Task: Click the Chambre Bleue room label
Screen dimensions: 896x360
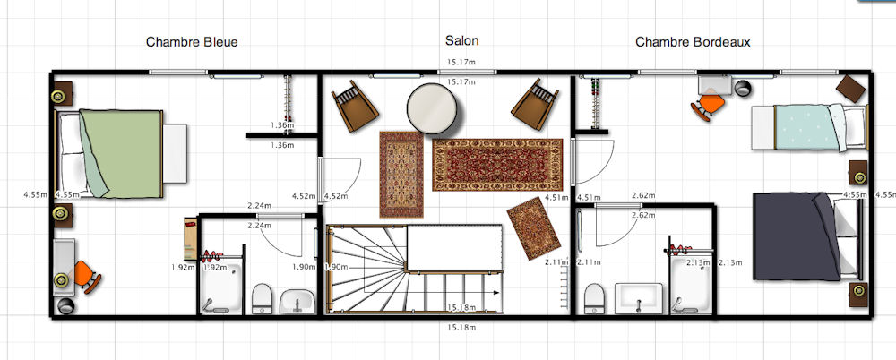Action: (x=192, y=42)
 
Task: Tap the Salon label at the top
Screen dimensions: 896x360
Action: (x=461, y=40)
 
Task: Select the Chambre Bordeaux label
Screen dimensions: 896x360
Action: (x=693, y=42)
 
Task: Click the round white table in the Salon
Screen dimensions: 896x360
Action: (x=432, y=108)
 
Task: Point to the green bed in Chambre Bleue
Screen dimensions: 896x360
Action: (x=120, y=153)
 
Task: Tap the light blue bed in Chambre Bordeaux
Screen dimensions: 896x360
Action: (x=808, y=127)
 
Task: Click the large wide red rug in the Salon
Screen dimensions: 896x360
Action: (x=497, y=165)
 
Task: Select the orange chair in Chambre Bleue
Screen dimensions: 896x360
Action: (x=87, y=277)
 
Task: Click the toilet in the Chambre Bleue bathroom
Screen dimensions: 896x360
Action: (x=262, y=299)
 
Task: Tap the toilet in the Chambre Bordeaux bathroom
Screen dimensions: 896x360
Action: (x=595, y=299)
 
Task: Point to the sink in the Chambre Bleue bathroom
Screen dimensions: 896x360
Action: (x=297, y=301)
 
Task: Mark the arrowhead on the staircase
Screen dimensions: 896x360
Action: (x=496, y=293)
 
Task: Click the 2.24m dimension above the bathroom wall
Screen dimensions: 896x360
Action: (x=260, y=206)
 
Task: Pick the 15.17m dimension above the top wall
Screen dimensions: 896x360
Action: (x=461, y=62)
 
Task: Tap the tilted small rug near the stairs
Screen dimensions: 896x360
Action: (x=533, y=228)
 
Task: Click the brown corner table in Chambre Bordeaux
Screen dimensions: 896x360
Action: (x=851, y=90)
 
